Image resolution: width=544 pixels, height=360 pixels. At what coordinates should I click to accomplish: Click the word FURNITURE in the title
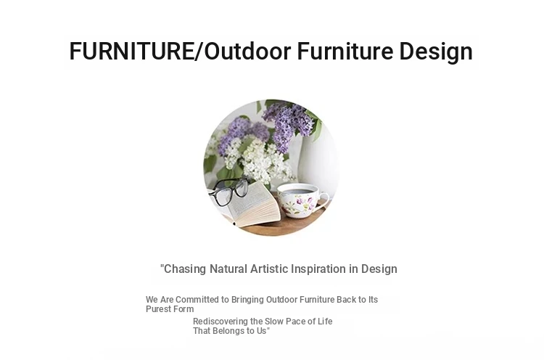(x=131, y=51)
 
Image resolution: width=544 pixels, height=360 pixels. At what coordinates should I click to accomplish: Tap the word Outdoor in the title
(x=247, y=51)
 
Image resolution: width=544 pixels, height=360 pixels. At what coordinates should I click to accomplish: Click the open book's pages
(x=253, y=205)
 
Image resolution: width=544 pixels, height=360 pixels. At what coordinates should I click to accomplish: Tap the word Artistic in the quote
(x=269, y=269)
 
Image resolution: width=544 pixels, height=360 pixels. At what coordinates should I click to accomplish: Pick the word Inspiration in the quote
(x=318, y=269)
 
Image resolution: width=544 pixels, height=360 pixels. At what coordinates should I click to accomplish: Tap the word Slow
(x=274, y=322)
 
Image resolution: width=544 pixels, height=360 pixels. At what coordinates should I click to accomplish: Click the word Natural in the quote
(x=228, y=269)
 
